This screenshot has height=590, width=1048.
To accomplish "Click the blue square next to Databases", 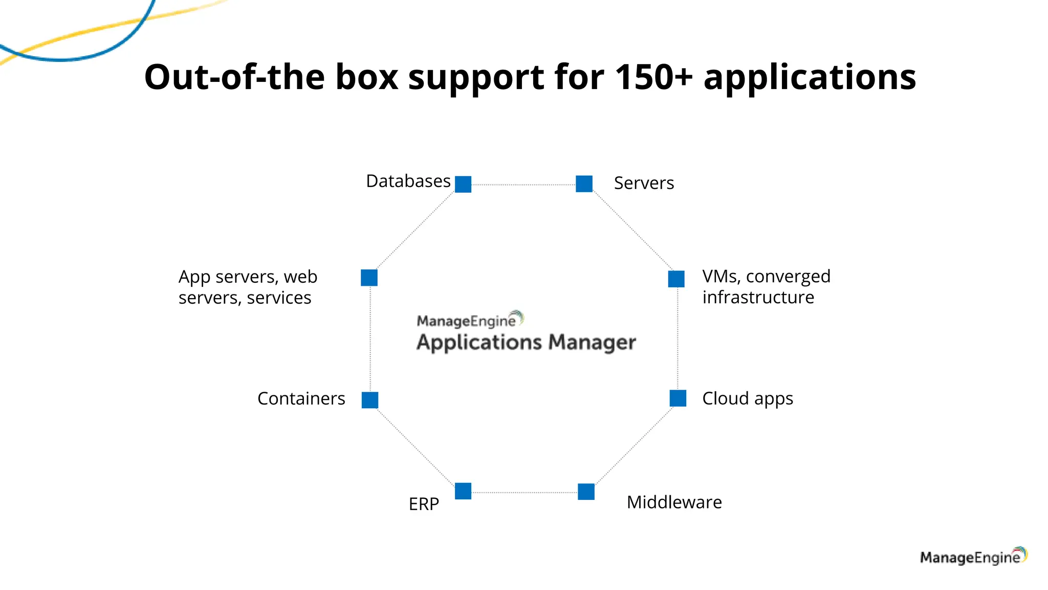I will pyautogui.click(x=463, y=184).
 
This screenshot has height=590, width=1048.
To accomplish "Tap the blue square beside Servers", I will pyautogui.click(x=584, y=184).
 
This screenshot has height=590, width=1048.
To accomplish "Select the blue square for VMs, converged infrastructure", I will pyautogui.click(x=676, y=279).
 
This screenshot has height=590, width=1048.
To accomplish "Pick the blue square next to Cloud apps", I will pyautogui.click(x=678, y=398).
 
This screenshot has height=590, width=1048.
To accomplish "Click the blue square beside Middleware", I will pyautogui.click(x=586, y=492).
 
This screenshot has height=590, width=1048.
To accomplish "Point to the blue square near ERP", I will pyautogui.click(x=463, y=491).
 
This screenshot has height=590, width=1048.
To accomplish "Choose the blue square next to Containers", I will pyautogui.click(x=370, y=400).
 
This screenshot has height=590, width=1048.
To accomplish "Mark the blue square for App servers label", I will pyautogui.click(x=369, y=278).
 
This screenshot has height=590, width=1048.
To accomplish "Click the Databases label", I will pyautogui.click(x=408, y=181).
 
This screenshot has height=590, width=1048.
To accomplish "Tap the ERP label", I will pyautogui.click(x=424, y=504).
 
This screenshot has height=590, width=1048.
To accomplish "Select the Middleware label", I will pyautogui.click(x=674, y=502).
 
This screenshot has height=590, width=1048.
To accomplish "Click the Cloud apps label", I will pyautogui.click(x=747, y=398).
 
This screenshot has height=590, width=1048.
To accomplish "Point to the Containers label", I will pyautogui.click(x=301, y=398).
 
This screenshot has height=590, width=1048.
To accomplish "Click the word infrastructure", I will pyautogui.click(x=758, y=298).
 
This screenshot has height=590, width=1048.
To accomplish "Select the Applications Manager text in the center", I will pyautogui.click(x=526, y=342).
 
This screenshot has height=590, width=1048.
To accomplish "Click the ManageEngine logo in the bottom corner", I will pyautogui.click(x=973, y=557).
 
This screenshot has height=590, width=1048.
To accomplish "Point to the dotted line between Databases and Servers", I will pyautogui.click(x=523, y=185).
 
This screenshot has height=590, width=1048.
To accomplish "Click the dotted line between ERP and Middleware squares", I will pyautogui.click(x=525, y=493).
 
